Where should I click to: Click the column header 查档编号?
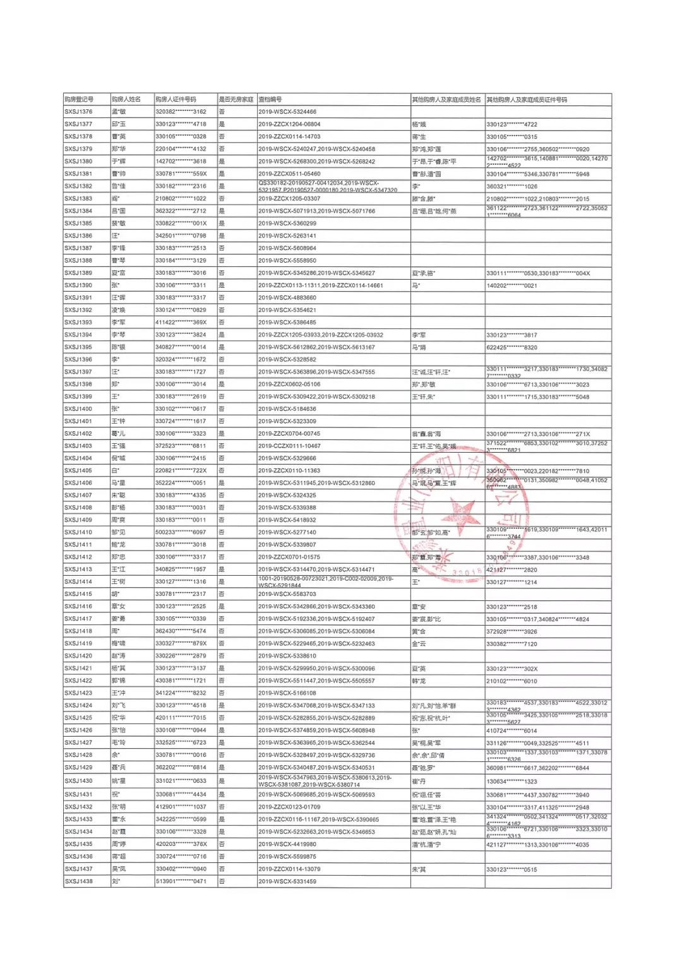270,100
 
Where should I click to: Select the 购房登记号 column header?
79,100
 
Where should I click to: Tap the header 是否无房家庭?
236,100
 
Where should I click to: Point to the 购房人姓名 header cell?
126,100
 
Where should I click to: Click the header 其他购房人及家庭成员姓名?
446,100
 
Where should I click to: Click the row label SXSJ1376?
78,112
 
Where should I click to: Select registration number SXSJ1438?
78,881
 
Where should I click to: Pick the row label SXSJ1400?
78,409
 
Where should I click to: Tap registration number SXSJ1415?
78,594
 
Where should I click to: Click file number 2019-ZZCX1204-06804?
289,124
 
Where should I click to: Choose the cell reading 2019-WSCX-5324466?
287,112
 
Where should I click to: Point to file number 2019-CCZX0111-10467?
289,446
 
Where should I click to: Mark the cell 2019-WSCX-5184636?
287,409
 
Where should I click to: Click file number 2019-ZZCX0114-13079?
289,869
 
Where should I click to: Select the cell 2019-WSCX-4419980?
287,844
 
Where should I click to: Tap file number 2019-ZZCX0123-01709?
289,807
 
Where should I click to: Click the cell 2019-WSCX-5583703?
287,594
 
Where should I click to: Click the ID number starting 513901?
181,881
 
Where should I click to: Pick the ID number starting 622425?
512,347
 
